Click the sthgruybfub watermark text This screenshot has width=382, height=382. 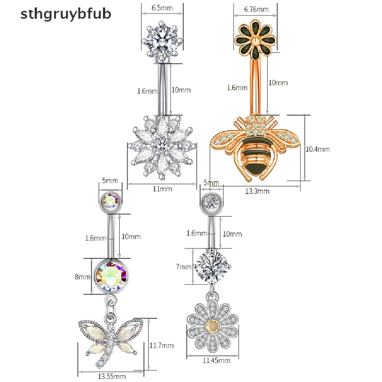(66, 14)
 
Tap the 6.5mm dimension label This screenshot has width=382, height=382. (162, 8)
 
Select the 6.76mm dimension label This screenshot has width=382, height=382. (256, 9)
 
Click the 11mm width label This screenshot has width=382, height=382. (163, 189)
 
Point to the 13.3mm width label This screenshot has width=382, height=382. (257, 191)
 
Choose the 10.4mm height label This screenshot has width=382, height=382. (318, 149)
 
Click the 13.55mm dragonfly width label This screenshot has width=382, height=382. (112, 376)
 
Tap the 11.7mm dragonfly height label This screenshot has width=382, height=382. (162, 345)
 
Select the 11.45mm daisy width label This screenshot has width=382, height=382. (217, 360)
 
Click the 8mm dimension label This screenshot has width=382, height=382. (82, 277)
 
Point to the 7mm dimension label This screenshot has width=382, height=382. (184, 267)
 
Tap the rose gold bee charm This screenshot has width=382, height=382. (255, 148)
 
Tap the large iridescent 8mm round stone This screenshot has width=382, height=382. (111, 276)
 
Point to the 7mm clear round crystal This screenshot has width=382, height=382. (212, 266)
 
